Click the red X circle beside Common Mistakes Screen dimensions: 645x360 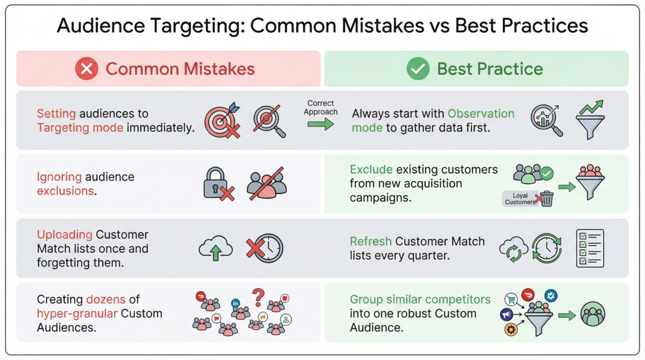pos(87,68)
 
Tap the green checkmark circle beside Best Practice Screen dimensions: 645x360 pos(418,68)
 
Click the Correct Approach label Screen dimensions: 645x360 pos(320,107)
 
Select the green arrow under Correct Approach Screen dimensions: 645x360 pos(320,124)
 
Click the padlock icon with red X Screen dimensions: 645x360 pos(219,184)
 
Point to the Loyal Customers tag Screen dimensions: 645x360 pos(520,199)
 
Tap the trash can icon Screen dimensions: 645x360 pos(547,199)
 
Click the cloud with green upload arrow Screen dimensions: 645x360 pos(216,248)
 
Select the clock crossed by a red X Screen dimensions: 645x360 pos(265,248)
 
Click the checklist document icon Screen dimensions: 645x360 pos(590,248)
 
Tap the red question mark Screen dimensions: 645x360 pos(259,298)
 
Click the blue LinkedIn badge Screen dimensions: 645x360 pos(235,303)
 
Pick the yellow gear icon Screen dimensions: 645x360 pos(511,329)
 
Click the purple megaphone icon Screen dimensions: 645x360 pos(506,314)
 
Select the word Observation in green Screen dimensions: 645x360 pos(481,114)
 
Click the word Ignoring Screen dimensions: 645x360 pos(59,177)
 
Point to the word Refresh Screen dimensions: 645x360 pos(371,241)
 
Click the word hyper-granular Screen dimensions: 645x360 pos(77,314)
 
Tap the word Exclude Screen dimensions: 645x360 pos(371,169)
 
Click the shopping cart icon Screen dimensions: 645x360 pos(511,299)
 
